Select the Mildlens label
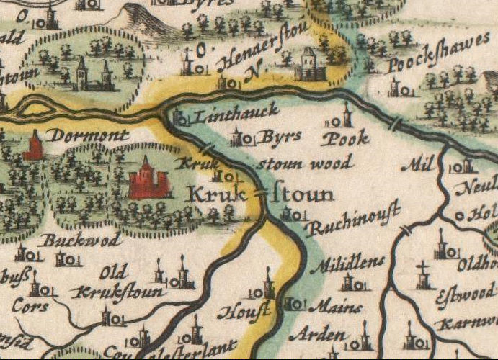(348, 263)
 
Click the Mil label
(414, 165)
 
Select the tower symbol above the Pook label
(347, 116)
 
